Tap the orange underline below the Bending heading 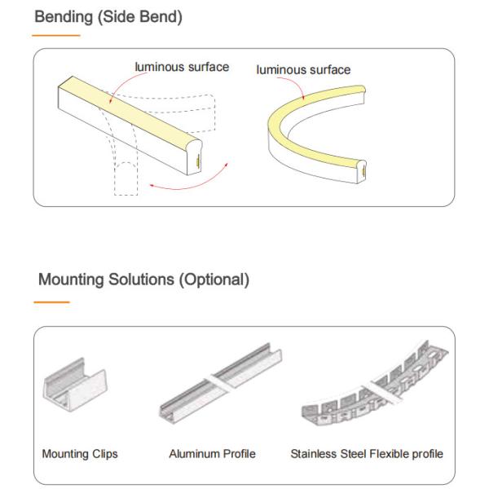(55, 36)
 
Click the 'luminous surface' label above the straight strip (182, 67)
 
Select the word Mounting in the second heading (71, 280)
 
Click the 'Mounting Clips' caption (80, 453)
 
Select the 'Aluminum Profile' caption (212, 453)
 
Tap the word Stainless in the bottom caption (314, 453)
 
